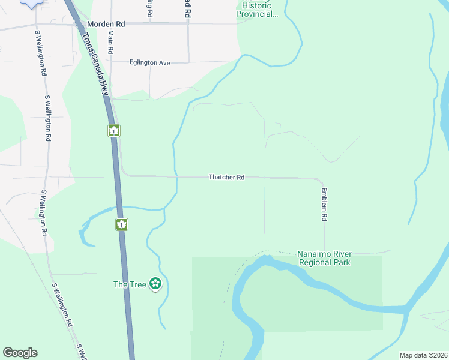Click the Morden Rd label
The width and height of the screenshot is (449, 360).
(x=106, y=24)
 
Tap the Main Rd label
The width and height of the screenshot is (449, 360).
(x=110, y=43)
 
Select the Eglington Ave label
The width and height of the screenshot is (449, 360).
(x=150, y=62)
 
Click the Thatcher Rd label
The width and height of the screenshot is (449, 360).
(x=227, y=177)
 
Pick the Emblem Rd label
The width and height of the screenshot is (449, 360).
(x=324, y=205)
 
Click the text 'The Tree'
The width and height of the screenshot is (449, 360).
(x=130, y=284)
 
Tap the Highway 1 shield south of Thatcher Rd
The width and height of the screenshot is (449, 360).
(x=122, y=224)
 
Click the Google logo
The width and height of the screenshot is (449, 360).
(x=20, y=353)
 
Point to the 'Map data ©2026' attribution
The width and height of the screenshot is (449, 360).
(x=423, y=355)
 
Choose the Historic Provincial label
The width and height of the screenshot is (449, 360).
(x=258, y=10)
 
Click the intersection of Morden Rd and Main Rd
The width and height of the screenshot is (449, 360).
(x=110, y=24)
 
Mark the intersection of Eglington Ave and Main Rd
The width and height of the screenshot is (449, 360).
(x=111, y=62)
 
